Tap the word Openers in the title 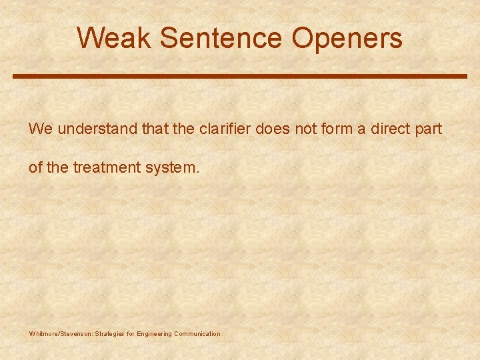tap(347, 38)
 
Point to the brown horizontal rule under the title tap(240, 76)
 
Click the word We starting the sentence tap(40, 129)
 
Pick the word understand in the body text tap(97, 129)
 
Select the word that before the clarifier tap(155, 129)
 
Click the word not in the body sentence tap(305, 129)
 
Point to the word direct tap(391, 129)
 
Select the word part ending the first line tap(429, 129)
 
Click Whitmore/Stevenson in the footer tap(61, 333)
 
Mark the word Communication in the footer tap(197, 333)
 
